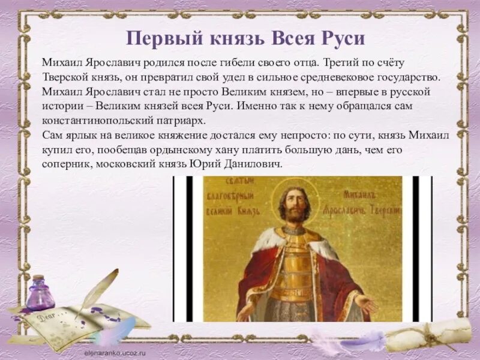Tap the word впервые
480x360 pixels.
(362, 92)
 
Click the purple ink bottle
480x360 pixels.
(40, 294)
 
